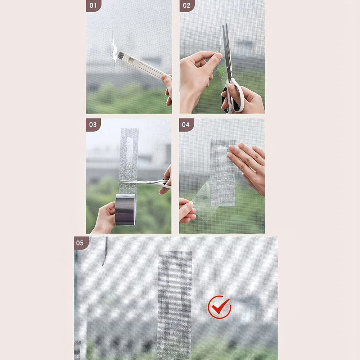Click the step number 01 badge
click(x=94, y=5)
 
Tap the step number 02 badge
click(x=187, y=5)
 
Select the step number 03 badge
click(x=93, y=125)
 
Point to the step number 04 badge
click(x=186, y=125)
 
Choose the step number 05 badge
click(x=81, y=243)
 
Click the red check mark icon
click(x=219, y=307)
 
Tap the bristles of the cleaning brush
click(x=120, y=55)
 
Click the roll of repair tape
click(x=125, y=210)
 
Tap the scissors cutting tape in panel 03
click(x=147, y=183)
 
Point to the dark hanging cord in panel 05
click(x=105, y=251)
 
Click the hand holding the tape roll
click(x=105, y=218)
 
